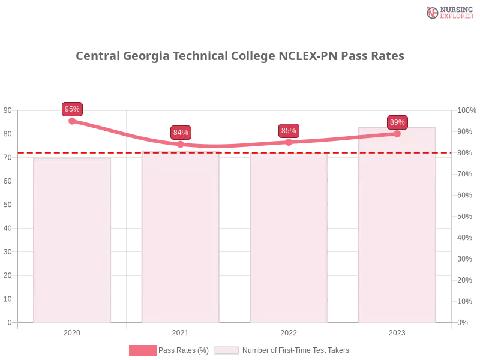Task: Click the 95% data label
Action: tap(72, 109)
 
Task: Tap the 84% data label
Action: tap(181, 133)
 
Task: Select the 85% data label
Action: tap(289, 131)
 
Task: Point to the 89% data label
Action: tap(397, 122)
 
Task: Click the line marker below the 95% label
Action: tap(72, 121)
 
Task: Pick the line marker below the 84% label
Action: tap(181, 144)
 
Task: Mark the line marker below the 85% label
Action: tap(289, 142)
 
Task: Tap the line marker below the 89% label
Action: tap(397, 133)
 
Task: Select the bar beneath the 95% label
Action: tap(72, 240)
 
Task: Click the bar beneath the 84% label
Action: tap(181, 240)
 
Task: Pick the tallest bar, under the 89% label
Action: tap(396, 228)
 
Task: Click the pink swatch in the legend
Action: tap(142, 350)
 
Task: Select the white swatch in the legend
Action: tap(227, 350)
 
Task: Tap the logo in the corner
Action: tap(448, 12)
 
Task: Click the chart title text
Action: tap(240, 57)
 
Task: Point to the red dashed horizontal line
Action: tap(126, 152)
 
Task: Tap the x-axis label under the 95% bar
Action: tap(72, 331)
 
